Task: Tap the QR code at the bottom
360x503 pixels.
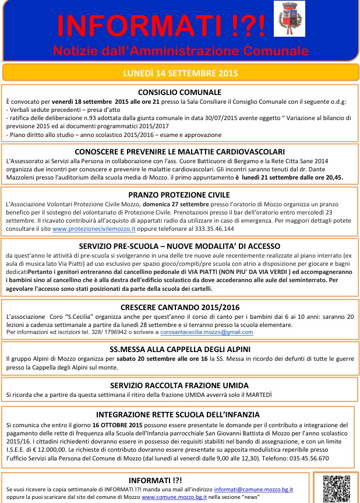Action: pos(336,488)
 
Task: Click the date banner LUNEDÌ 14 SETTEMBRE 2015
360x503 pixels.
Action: pos(180,73)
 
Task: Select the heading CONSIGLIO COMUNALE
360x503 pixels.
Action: pos(179,92)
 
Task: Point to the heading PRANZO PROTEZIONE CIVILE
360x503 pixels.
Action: pos(179,195)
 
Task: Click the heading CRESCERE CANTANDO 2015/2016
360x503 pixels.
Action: pos(179,307)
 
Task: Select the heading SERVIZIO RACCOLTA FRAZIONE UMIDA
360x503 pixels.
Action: pos(179,385)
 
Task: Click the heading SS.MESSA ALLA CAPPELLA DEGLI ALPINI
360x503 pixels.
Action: pos(179,349)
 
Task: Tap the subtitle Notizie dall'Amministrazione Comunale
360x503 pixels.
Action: pos(180,50)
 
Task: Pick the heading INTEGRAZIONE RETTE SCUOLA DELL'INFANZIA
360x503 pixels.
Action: pos(179,415)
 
